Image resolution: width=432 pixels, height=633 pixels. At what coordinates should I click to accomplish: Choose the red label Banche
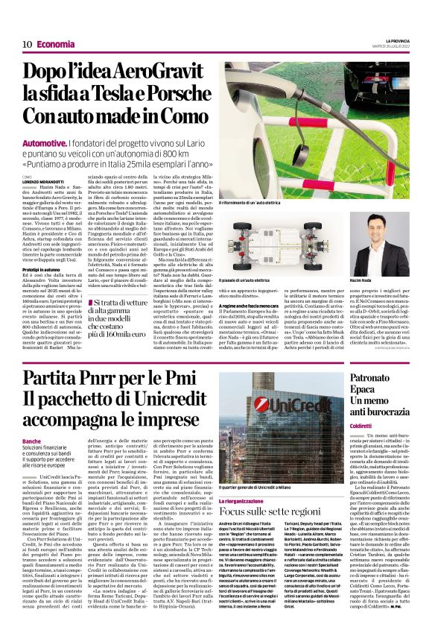pyautogui.click(x=31, y=441)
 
